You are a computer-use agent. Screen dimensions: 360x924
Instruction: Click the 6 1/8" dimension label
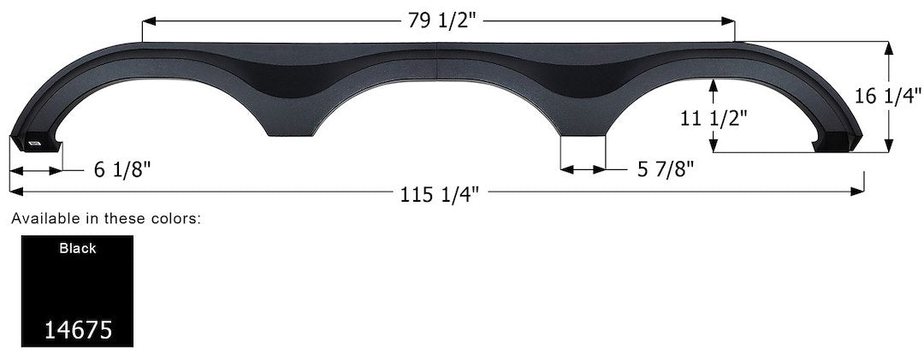point(122,169)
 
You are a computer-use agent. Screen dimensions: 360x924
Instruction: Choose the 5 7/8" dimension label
point(665,169)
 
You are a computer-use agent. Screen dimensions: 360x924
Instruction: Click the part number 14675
point(78,329)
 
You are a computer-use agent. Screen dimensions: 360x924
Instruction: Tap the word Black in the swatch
point(78,249)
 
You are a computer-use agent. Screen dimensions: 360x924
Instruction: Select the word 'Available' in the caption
point(41,220)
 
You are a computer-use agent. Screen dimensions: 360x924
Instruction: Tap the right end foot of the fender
point(837,141)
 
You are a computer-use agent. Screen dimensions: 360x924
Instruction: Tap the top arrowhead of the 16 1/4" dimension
point(891,46)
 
